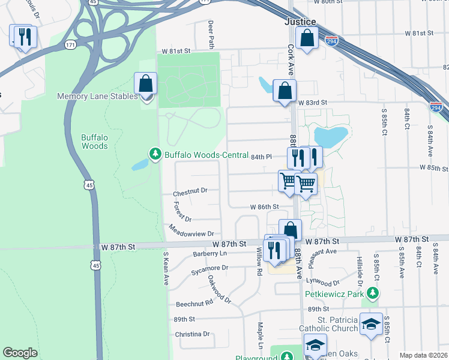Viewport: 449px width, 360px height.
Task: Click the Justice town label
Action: tap(300, 22)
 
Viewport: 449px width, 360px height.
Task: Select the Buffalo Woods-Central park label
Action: tap(206, 155)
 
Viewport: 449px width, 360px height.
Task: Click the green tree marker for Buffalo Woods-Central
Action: tap(155, 155)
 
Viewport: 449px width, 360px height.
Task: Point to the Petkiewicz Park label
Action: tap(334, 294)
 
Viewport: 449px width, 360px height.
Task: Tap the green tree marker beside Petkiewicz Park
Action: tap(373, 293)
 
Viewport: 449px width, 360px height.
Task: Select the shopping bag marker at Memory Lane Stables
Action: tap(146, 83)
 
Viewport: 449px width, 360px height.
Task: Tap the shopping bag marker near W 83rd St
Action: tap(284, 91)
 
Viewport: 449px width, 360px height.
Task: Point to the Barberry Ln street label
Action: tap(210, 254)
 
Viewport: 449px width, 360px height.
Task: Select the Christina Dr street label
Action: tap(192, 334)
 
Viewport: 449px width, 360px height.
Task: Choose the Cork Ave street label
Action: tap(291, 61)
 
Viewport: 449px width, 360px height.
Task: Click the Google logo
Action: tap(20, 353)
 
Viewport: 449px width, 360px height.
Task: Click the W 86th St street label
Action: tap(265, 207)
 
